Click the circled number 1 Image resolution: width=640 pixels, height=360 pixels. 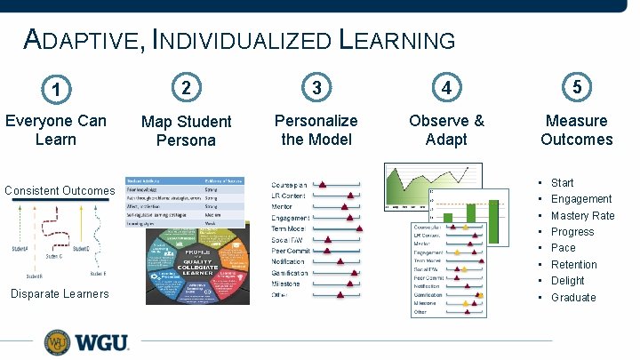click(x=57, y=90)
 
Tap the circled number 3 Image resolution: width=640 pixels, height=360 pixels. click(x=316, y=88)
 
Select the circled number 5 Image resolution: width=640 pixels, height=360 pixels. click(x=577, y=87)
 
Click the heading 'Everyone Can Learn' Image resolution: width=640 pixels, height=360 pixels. click(x=56, y=130)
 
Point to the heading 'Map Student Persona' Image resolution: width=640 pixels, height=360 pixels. click(x=186, y=131)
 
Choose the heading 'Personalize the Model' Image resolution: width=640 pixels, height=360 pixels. click(x=316, y=130)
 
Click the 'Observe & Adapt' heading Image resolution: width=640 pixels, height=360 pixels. click(x=446, y=130)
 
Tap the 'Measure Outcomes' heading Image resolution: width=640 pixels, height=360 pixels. click(x=577, y=130)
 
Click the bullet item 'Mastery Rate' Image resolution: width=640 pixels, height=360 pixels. click(x=582, y=215)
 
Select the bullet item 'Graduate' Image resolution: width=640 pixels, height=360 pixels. click(x=573, y=297)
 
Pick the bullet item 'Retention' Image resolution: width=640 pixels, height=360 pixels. click(x=573, y=264)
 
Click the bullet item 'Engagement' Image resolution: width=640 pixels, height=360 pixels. click(x=581, y=199)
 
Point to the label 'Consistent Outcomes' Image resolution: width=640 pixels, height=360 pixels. click(x=60, y=190)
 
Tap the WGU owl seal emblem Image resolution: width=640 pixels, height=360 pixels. click(x=56, y=342)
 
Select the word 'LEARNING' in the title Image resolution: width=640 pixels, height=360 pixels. click(x=397, y=40)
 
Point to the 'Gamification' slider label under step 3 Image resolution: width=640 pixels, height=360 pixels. click(x=290, y=272)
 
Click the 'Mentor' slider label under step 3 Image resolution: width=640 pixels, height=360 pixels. click(x=282, y=205)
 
